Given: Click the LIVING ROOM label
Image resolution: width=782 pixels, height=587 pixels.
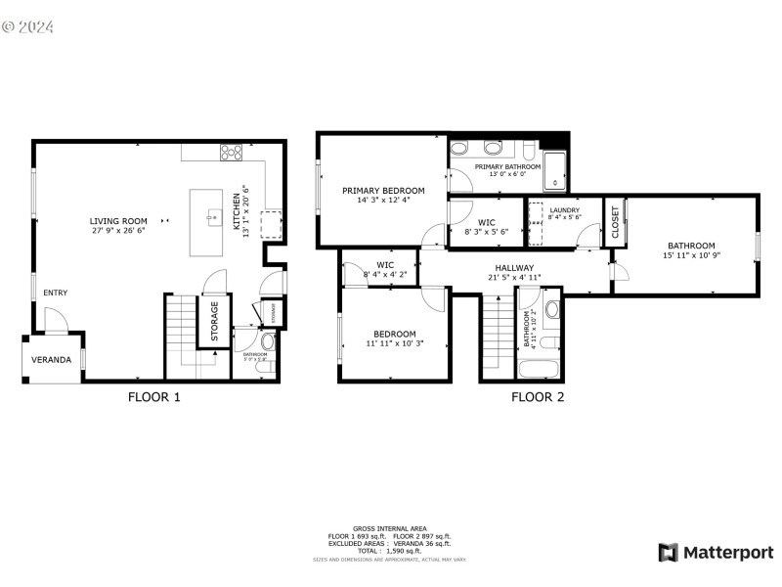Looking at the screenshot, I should coord(118,221).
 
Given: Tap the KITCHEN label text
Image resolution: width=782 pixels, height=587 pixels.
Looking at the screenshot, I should coord(236,211).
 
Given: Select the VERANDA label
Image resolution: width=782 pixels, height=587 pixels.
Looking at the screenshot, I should coord(51,360).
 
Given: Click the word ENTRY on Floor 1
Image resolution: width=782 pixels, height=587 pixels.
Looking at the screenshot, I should coord(56,293).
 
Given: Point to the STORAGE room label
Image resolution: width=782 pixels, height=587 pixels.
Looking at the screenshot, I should coord(214,319).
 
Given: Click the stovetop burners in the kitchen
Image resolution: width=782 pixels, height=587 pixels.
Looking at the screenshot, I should coord(232,152).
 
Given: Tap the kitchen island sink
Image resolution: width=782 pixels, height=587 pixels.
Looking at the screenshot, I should coord(209,213).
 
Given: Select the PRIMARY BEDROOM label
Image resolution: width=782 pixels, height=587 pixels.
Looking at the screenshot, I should coord(383,191).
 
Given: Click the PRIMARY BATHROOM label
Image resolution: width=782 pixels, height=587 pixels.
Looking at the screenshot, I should coord(507,167).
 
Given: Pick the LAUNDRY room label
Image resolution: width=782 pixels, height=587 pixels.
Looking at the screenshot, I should coord(564,210).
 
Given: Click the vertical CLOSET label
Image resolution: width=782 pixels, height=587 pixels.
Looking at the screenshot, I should coord(615,222).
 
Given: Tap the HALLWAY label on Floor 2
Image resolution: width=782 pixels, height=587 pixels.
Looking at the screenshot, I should coord(514,267).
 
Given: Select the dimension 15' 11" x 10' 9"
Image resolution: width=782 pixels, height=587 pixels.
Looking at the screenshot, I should coord(691,256).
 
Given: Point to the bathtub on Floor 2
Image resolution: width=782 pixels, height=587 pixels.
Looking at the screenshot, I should coord(539,370).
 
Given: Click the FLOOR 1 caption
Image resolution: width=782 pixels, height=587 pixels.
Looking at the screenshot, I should coord(154,397).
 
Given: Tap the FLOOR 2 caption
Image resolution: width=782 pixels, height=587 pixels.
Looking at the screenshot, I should coord(538,397).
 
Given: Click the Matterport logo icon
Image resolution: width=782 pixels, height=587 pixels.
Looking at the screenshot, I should coord(669,553).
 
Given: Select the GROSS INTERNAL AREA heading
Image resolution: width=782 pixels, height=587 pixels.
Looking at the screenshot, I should coord(391,528).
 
